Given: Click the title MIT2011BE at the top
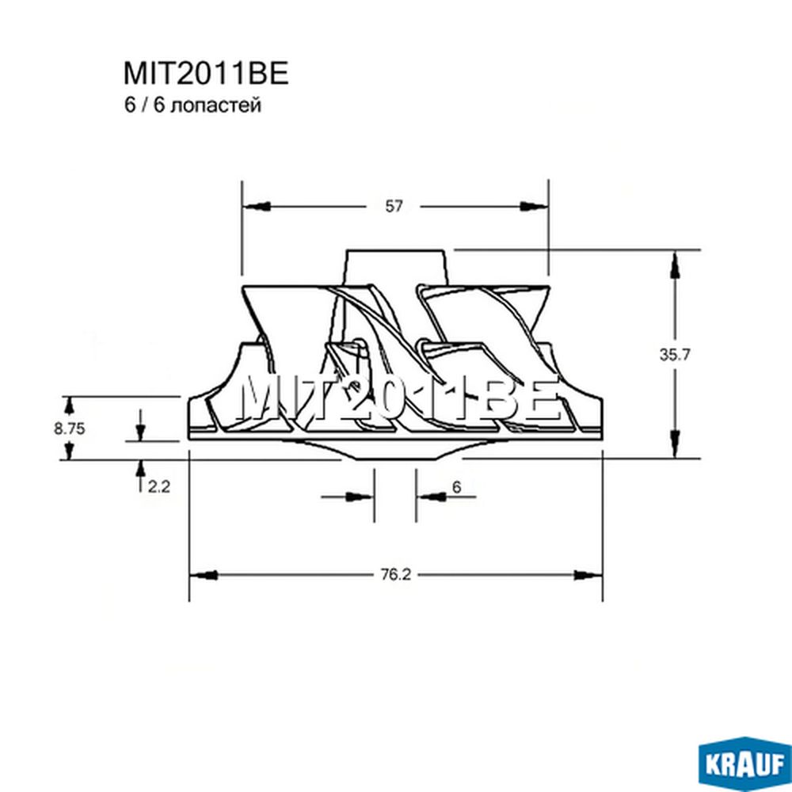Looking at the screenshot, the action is click(206, 73).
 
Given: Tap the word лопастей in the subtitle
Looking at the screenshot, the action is click(216, 105).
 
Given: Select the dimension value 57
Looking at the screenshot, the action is click(394, 206).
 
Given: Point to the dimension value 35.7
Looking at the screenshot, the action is click(674, 355).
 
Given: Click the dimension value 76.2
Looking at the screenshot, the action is click(395, 575).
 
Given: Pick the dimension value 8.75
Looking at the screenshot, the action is click(70, 428).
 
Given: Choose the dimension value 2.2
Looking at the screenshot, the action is click(159, 487).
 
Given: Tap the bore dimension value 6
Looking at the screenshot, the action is click(457, 487).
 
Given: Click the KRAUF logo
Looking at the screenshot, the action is click(744, 765).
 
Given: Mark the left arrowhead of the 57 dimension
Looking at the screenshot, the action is click(257, 207).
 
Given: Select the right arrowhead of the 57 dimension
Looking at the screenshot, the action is click(534, 206).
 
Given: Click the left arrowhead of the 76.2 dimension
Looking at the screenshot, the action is click(204, 575).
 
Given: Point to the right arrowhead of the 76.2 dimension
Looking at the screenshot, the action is click(588, 575).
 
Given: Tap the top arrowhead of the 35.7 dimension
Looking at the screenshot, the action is click(674, 265).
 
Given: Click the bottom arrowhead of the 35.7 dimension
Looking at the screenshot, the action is click(674, 444).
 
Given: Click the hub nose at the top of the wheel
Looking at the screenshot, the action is click(396, 268).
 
